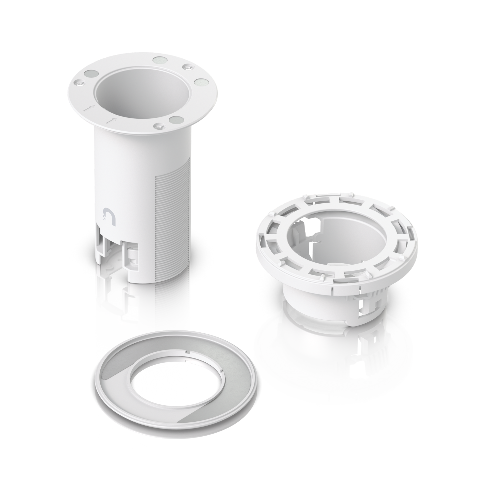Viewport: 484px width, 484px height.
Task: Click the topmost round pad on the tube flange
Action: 159,60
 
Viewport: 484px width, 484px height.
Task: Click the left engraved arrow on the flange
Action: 87,109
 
